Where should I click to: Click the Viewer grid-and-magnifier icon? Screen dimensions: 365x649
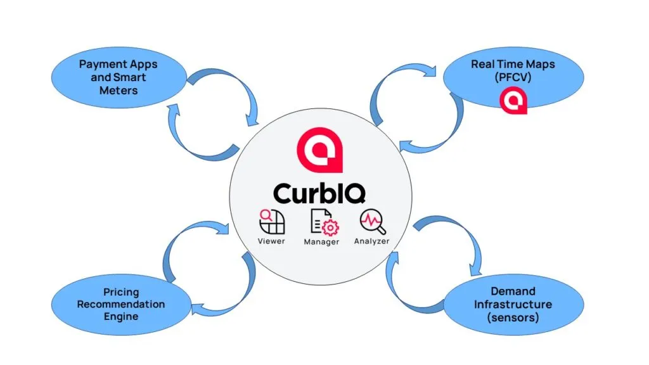[x=271, y=222]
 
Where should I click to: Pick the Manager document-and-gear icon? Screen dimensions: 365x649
[x=321, y=222]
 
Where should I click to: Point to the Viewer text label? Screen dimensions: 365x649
[x=271, y=241]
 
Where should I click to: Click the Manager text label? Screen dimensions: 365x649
[x=321, y=242]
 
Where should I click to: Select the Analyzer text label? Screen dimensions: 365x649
[x=372, y=241]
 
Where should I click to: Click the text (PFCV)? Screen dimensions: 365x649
[x=513, y=77]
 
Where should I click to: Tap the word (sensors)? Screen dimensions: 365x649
[x=514, y=317]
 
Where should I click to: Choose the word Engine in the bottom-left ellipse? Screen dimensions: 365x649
[x=120, y=316]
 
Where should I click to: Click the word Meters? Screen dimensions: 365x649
[x=118, y=90]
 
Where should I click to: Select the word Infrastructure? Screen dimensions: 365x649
[x=514, y=304]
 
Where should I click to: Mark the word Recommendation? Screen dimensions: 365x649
[x=120, y=304]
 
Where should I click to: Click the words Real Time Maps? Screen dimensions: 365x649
[x=513, y=65]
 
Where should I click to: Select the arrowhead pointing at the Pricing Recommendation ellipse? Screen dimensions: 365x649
[x=196, y=309]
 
